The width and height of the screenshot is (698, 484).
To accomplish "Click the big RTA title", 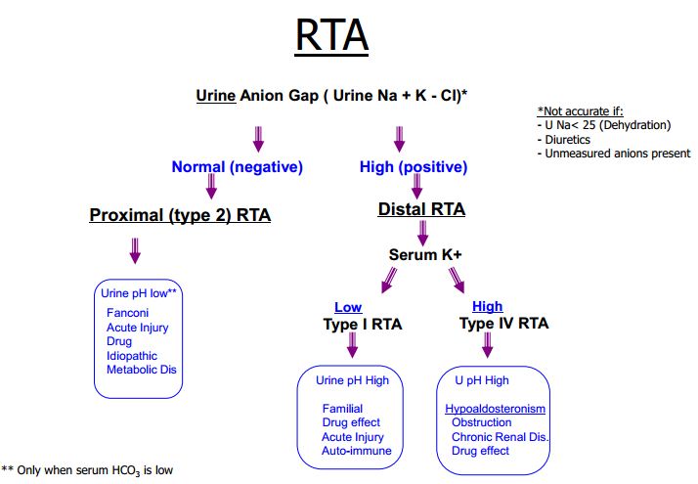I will (x=332, y=36).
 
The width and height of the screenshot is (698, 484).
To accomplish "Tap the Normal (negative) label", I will (x=238, y=167).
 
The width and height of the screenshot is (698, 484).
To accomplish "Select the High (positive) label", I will (x=414, y=167).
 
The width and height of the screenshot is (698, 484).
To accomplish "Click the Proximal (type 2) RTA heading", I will (x=180, y=215).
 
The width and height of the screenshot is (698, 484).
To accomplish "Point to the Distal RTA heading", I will (x=421, y=209).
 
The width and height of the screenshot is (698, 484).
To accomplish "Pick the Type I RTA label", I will (x=362, y=324).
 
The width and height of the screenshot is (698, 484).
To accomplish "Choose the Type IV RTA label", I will (x=503, y=324).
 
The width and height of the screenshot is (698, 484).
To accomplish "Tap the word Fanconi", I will (x=127, y=313).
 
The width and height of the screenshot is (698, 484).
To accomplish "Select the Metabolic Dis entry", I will (x=144, y=370).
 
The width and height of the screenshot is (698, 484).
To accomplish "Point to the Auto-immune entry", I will (x=357, y=451).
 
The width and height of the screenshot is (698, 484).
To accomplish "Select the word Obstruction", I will (x=481, y=422).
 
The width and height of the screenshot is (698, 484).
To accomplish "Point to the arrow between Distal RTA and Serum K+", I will (x=422, y=233).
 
